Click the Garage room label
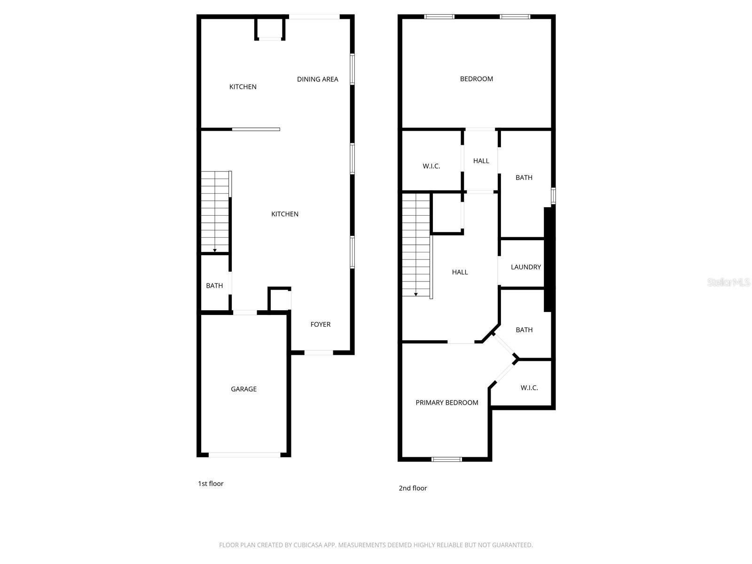coord(243,389)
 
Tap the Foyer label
coord(321,324)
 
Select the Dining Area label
coord(317,79)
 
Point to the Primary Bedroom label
coord(446,403)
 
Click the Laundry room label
coord(525,267)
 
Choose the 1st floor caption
coord(211,484)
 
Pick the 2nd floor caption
coord(413,488)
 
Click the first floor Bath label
coord(214,286)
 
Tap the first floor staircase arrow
coord(215,250)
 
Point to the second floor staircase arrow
coord(416,294)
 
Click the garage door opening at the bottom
coord(244,455)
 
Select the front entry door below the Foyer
coord(319,352)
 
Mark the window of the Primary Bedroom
coord(446,459)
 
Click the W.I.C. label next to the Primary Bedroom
coord(529,388)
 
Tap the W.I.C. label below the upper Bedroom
coord(431,166)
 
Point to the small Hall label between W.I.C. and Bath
coord(481,161)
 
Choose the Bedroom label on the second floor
coord(476,79)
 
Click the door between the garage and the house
coord(245,313)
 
